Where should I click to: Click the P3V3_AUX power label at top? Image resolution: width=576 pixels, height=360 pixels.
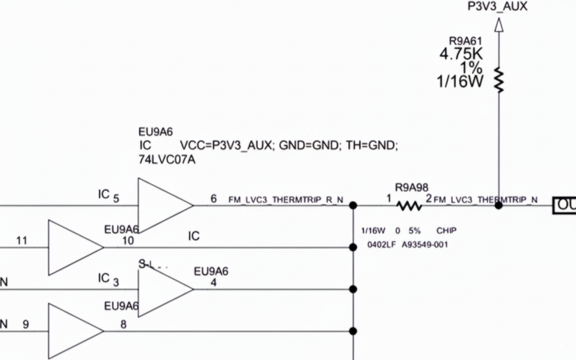(497, 6)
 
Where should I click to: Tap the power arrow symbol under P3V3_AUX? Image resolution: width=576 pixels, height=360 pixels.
(499, 25)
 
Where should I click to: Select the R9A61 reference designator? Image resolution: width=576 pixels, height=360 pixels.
(465, 41)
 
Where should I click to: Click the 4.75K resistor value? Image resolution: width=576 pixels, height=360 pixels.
(461, 54)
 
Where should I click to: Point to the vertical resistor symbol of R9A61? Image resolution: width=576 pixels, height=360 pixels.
(499, 80)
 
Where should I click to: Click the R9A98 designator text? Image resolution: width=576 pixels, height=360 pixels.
(411, 187)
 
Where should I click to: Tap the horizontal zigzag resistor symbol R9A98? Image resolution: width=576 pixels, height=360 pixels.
(409, 206)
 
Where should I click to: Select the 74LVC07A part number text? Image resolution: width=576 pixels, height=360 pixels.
(167, 160)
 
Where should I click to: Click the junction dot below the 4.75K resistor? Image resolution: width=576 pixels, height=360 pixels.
(499, 206)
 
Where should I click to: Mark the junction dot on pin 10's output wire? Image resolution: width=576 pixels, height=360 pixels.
(353, 247)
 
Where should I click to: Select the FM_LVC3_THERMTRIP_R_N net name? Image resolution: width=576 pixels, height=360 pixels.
(286, 199)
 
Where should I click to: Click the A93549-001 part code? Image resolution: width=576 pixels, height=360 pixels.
(425, 245)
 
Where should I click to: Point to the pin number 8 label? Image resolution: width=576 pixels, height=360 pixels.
(123, 324)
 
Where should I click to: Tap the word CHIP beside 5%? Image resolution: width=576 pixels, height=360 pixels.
(446, 230)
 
